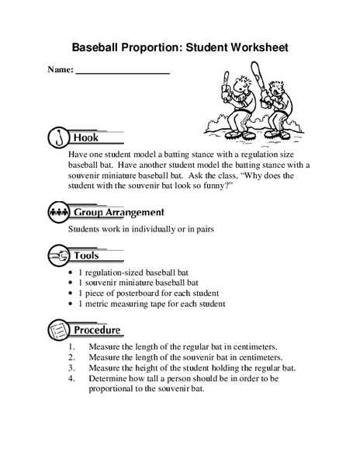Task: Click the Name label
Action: (x=60, y=70)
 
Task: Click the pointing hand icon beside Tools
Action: (x=59, y=255)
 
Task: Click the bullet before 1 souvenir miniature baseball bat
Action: (x=71, y=283)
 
